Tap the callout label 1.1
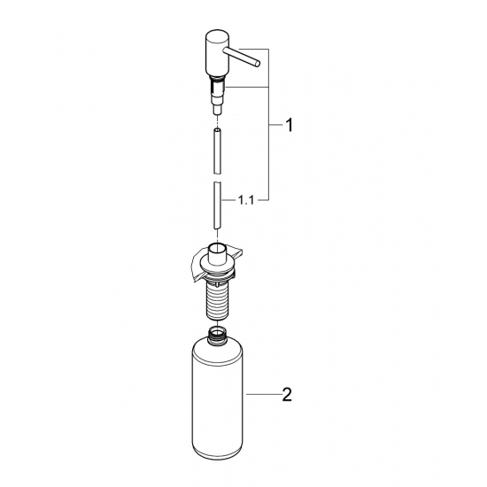click(x=245, y=201)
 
